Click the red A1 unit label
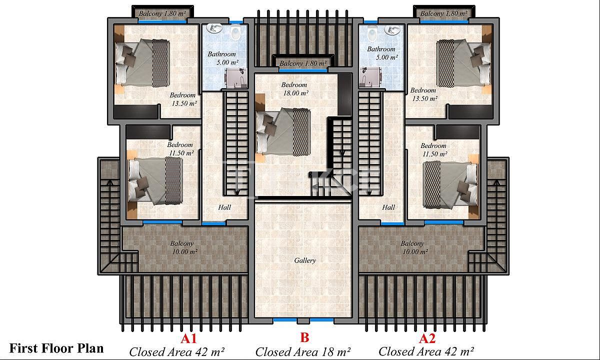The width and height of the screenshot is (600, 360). [188, 338]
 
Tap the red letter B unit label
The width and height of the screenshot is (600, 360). [304, 338]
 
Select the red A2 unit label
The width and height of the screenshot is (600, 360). [427, 338]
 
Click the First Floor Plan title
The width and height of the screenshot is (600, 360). [56, 348]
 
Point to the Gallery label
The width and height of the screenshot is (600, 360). [305, 260]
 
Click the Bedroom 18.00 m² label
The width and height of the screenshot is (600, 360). [294, 89]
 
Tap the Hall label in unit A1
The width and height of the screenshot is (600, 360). [224, 207]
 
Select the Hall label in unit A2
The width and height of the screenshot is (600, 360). [388, 207]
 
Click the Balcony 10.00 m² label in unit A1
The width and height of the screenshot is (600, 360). [183, 247]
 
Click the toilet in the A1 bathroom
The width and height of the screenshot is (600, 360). [235, 32]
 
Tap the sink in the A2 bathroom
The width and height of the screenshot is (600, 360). [392, 30]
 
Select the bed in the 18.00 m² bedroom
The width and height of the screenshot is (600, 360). [283, 132]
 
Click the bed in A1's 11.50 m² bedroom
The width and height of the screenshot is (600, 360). [155, 180]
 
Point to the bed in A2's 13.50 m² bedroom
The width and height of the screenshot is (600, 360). [464, 63]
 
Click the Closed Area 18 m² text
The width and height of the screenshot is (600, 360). [303, 352]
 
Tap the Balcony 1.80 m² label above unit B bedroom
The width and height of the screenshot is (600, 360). [303, 63]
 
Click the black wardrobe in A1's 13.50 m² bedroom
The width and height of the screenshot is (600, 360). [136, 111]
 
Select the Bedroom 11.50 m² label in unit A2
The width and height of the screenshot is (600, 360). [434, 149]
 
